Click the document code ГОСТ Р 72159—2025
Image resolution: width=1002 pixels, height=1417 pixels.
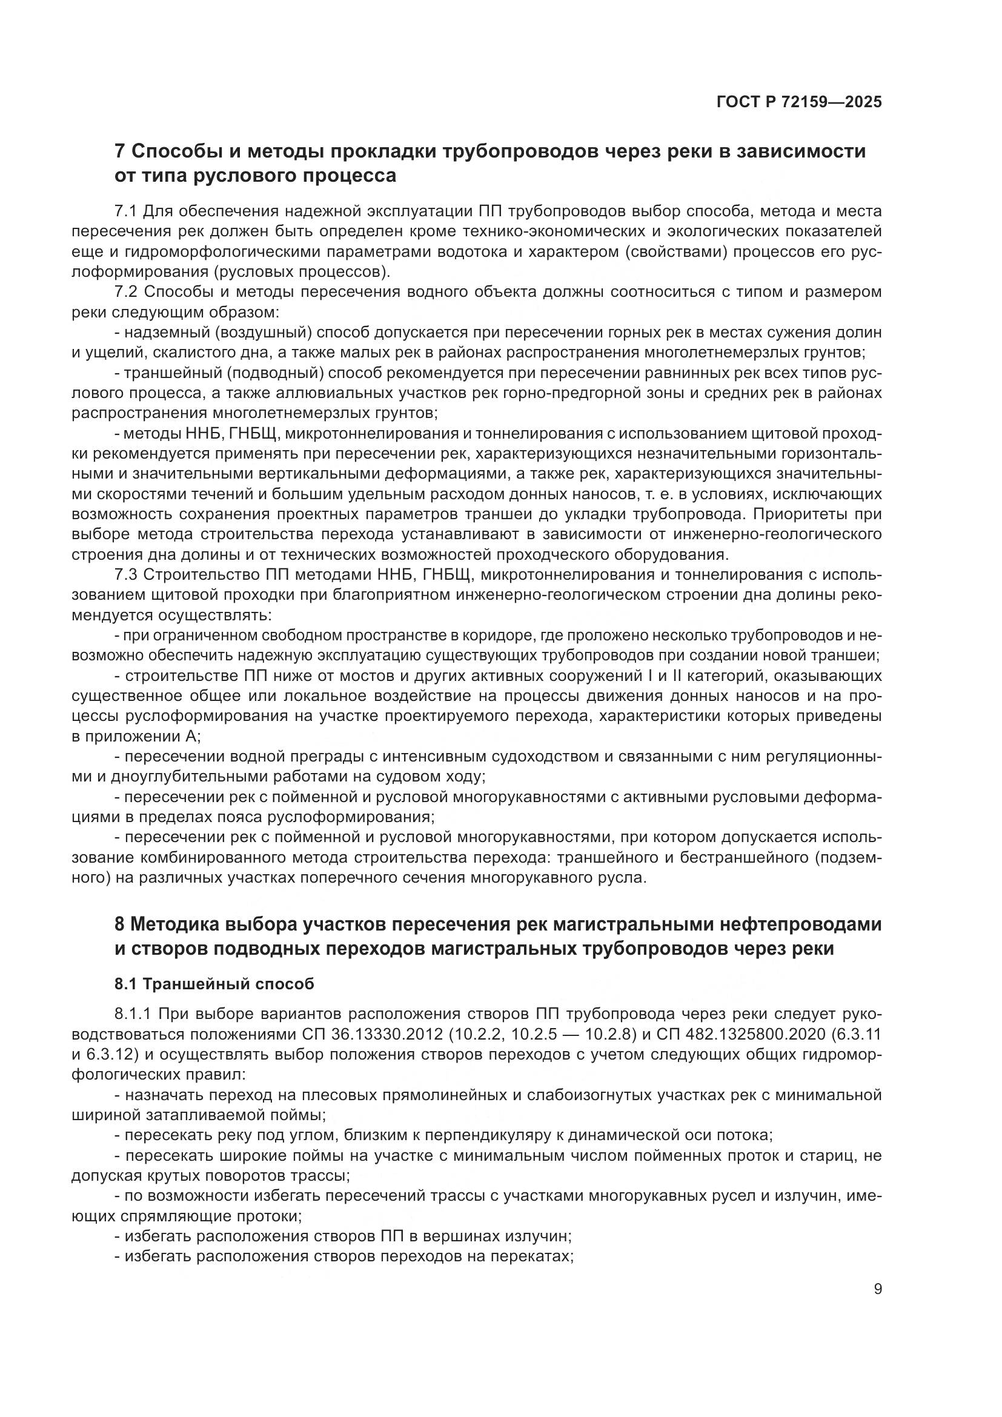[x=799, y=102]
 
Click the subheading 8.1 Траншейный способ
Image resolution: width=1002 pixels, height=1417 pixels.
[x=214, y=984]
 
